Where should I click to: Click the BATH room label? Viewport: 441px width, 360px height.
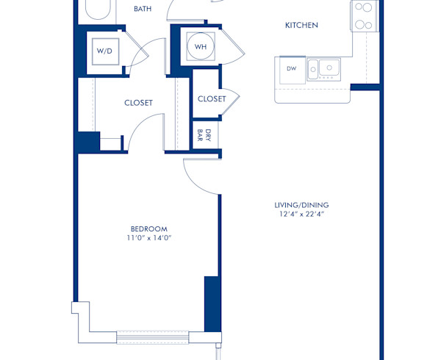coord(143,10)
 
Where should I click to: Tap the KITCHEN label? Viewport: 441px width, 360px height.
coord(301,26)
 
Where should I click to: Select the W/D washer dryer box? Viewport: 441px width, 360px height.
coord(104,51)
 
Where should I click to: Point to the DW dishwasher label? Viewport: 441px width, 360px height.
coord(290,68)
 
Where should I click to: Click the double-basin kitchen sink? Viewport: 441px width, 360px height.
coord(324,69)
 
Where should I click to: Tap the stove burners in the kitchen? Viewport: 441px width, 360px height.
coord(363,15)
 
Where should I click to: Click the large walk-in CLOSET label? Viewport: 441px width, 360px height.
coord(138,103)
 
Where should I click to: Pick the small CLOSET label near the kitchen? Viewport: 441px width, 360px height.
coord(211,98)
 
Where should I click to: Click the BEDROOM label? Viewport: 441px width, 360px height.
coord(150,228)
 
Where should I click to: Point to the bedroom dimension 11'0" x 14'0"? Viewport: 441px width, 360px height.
coord(150,239)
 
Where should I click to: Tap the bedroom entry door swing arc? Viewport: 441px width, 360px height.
coord(198,176)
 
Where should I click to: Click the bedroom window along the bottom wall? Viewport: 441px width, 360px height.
coord(153,336)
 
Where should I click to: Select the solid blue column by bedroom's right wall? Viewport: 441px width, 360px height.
coord(212,303)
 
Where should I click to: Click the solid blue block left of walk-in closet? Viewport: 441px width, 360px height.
coord(88,141)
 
